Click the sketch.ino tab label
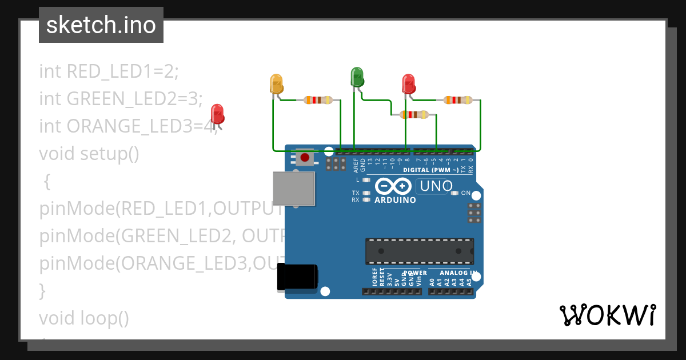tap(101, 25)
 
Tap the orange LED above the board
tap(276, 84)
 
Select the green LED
tap(357, 77)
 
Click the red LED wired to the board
tap(408, 84)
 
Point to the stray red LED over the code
tap(217, 114)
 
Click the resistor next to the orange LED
tap(317, 100)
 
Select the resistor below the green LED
tap(414, 114)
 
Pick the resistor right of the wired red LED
tap(458, 100)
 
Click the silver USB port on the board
tap(294, 188)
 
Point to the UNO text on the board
tap(436, 186)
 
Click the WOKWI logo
tap(607, 315)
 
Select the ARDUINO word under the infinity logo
tap(395, 200)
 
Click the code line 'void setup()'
tap(89, 154)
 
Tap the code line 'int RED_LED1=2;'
tap(109, 71)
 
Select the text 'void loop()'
tap(84, 318)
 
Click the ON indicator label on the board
tap(465, 193)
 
